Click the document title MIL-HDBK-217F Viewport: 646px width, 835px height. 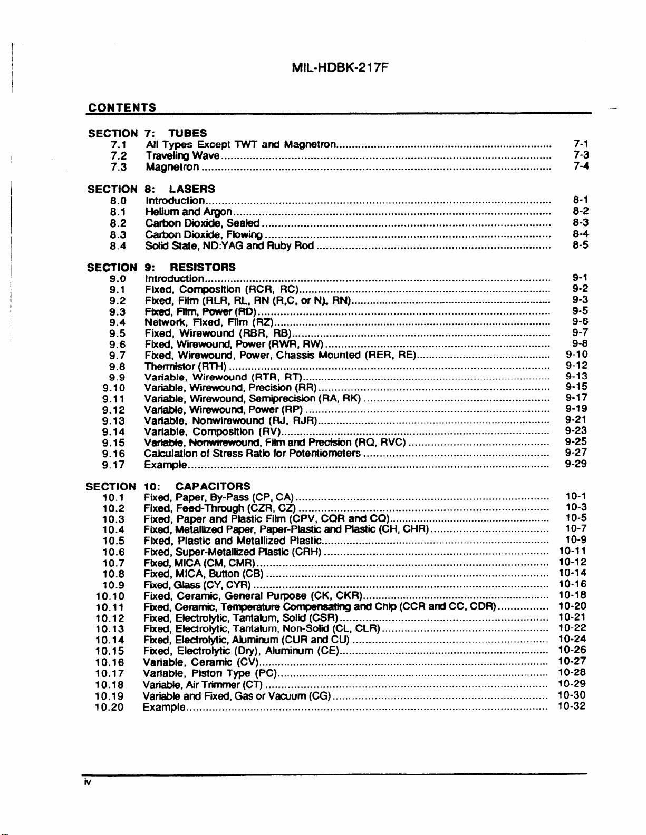340,68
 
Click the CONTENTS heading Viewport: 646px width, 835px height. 122,107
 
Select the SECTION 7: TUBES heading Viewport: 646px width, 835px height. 147,133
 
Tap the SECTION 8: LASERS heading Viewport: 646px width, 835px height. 151,189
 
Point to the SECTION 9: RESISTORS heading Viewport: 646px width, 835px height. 161,267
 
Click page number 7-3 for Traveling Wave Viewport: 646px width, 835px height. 581,155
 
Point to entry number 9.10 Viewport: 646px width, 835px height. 114,388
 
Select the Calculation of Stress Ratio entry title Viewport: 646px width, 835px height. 252,453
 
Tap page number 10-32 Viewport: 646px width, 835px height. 572,706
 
